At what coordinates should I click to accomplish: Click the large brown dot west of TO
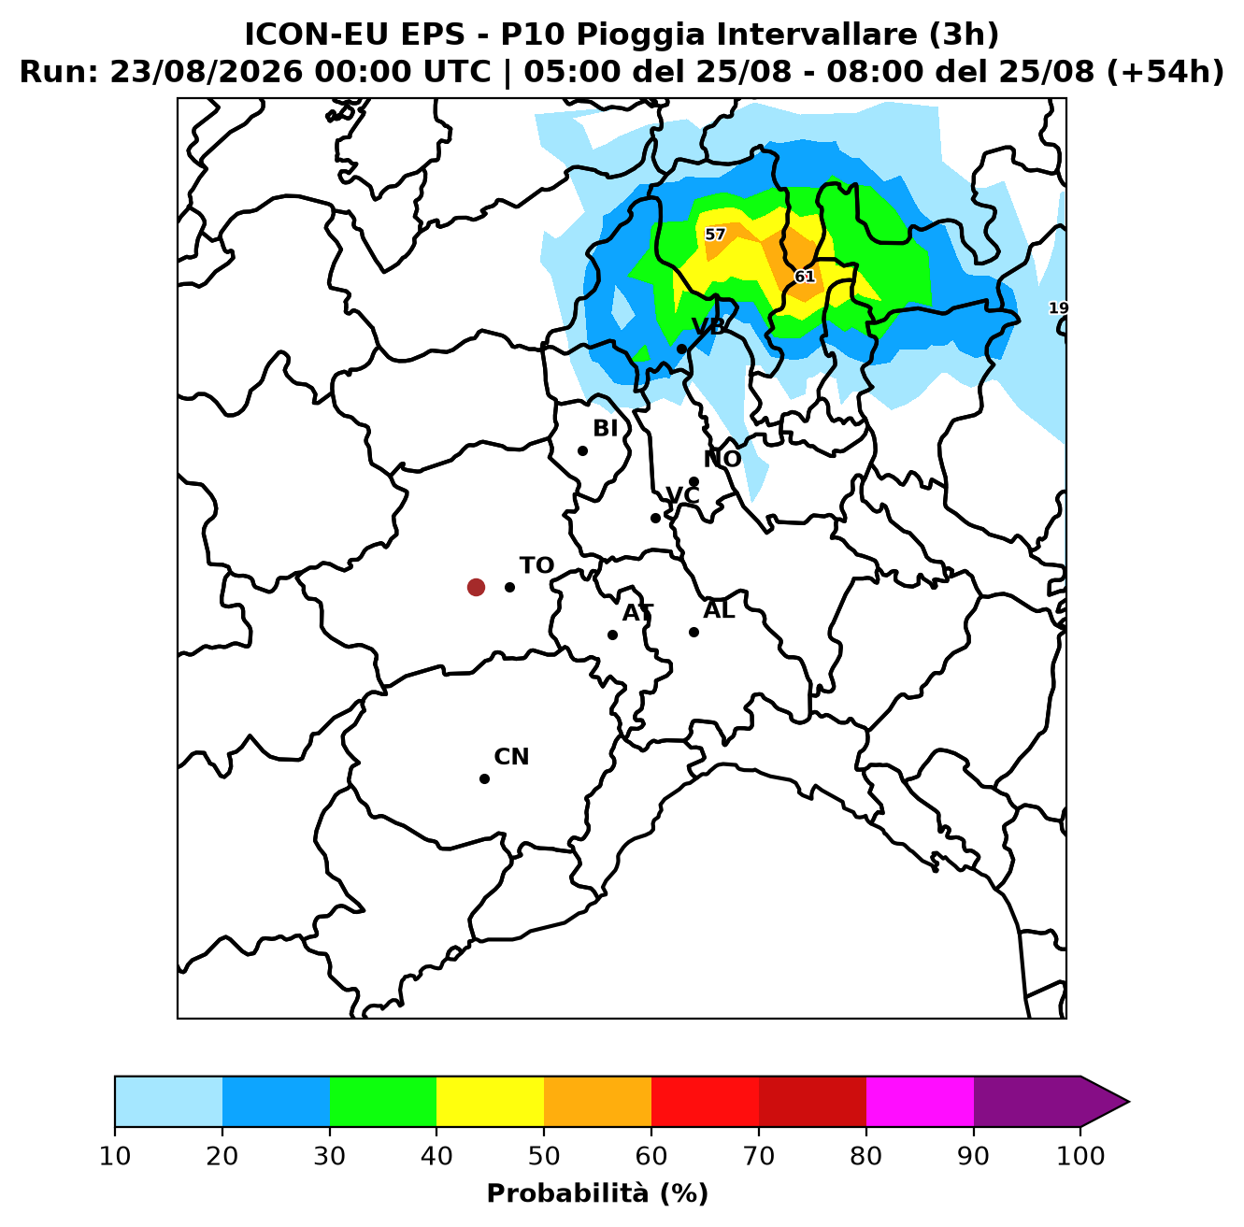[x=476, y=587]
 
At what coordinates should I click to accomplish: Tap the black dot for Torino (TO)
[x=509, y=587]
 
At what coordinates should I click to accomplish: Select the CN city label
[x=511, y=756]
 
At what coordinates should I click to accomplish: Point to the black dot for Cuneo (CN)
[x=484, y=778]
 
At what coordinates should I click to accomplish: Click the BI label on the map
[x=605, y=428]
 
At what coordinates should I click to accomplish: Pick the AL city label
[x=719, y=610]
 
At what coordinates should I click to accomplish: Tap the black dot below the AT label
[x=612, y=635]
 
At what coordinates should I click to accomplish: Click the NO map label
[x=722, y=459]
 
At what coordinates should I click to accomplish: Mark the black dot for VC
[x=655, y=518]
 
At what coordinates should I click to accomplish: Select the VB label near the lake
[x=708, y=326]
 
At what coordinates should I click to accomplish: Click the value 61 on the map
[x=805, y=277]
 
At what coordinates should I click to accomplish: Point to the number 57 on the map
[x=715, y=235]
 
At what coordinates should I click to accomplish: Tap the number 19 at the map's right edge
[x=1058, y=308]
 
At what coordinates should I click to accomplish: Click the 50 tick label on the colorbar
[x=544, y=1156]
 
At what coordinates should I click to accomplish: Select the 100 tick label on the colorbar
[x=1080, y=1156]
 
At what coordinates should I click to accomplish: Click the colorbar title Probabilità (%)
[x=597, y=1192]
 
